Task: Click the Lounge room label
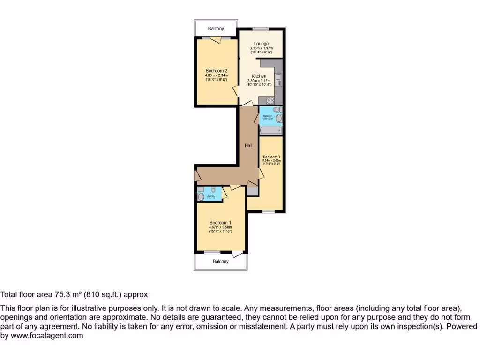(x=261, y=44)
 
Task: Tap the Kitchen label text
(x=259, y=76)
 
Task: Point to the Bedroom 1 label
(x=220, y=223)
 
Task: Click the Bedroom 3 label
(x=271, y=157)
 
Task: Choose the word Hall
(x=248, y=145)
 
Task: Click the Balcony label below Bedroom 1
(x=220, y=262)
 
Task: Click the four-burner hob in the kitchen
(x=270, y=100)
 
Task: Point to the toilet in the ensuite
(x=213, y=190)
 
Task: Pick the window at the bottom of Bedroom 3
(x=269, y=212)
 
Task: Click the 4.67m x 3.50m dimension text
(x=220, y=227)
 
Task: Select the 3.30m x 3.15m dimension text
(x=259, y=81)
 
